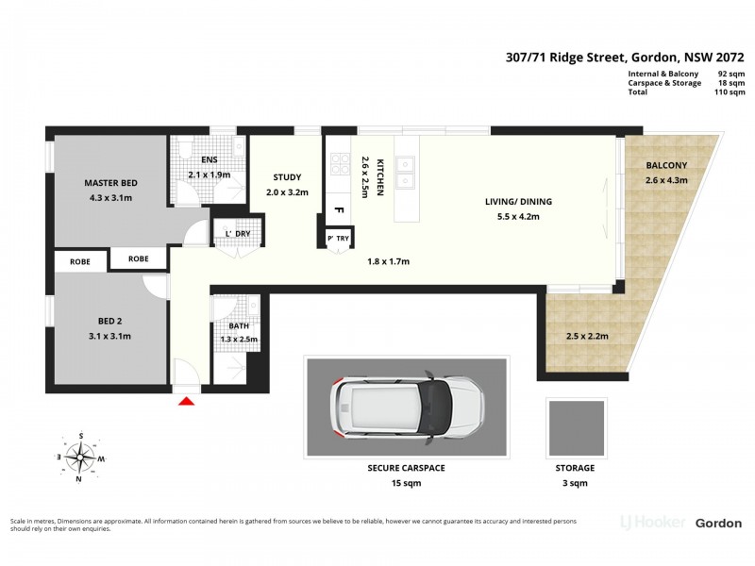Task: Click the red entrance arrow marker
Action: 186,401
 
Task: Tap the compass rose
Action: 83,456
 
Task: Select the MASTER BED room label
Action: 111,182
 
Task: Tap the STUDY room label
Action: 286,177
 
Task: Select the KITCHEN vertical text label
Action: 380,176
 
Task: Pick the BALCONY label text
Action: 666,166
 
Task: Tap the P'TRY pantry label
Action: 338,240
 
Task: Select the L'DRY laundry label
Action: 237,234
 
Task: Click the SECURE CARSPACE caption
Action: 406,468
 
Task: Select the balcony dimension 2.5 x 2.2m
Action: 587,335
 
